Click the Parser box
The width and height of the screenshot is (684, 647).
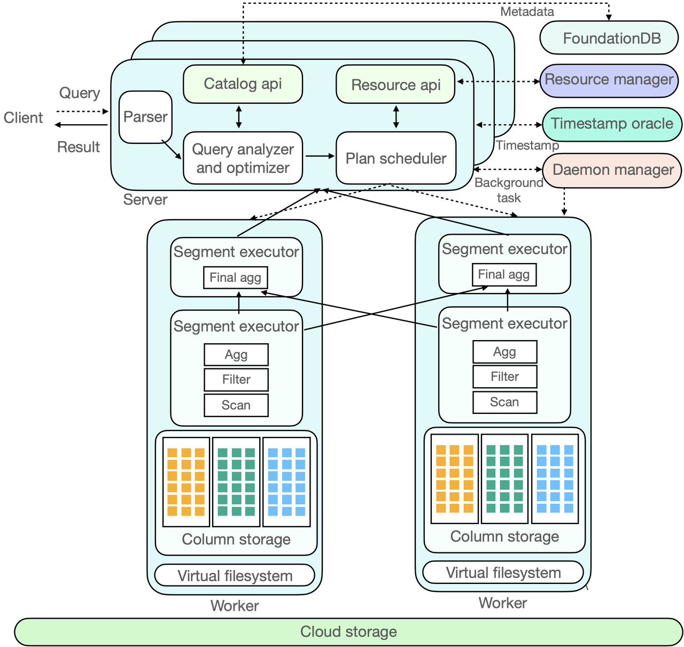click(x=145, y=117)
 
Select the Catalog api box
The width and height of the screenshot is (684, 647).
click(x=243, y=84)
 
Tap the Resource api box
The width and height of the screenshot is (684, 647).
click(x=395, y=85)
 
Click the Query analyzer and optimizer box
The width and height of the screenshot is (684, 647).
click(x=243, y=158)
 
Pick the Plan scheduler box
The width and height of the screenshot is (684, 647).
click(x=395, y=158)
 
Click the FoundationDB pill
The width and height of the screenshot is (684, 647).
click(x=609, y=38)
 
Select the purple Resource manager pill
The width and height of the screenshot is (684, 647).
click(x=609, y=80)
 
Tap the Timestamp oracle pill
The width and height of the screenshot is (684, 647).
click(x=612, y=124)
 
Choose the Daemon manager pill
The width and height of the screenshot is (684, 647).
click(x=612, y=170)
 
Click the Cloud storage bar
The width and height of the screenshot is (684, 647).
click(x=348, y=632)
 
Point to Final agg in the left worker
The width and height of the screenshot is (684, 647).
click(x=235, y=278)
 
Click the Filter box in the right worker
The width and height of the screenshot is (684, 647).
click(x=504, y=377)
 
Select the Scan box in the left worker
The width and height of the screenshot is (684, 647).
click(x=236, y=405)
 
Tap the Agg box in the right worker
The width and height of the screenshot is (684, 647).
click(x=504, y=352)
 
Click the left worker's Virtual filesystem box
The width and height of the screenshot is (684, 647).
click(x=235, y=576)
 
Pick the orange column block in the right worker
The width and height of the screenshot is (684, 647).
click(x=454, y=479)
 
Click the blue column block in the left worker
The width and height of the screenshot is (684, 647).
click(x=286, y=482)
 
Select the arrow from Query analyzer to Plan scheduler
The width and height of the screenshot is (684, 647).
click(x=319, y=156)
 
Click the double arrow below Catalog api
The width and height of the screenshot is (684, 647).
click(x=239, y=117)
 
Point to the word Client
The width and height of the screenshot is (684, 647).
click(x=23, y=118)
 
